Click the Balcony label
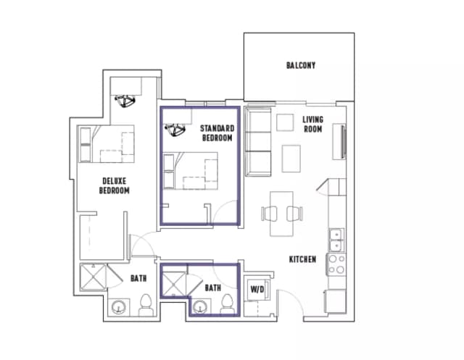[x=301, y=66]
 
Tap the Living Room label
[x=312, y=124]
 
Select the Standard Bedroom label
[x=217, y=133]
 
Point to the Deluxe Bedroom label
[x=115, y=186]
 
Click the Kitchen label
[x=302, y=259]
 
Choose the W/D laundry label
[x=257, y=290]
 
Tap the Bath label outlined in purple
[x=212, y=288]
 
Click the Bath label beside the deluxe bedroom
[x=138, y=278]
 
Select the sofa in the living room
[x=257, y=142]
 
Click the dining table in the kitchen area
[x=282, y=213]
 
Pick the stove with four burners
[x=336, y=264]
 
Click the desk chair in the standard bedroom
[x=175, y=130]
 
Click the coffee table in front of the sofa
[x=291, y=156]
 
